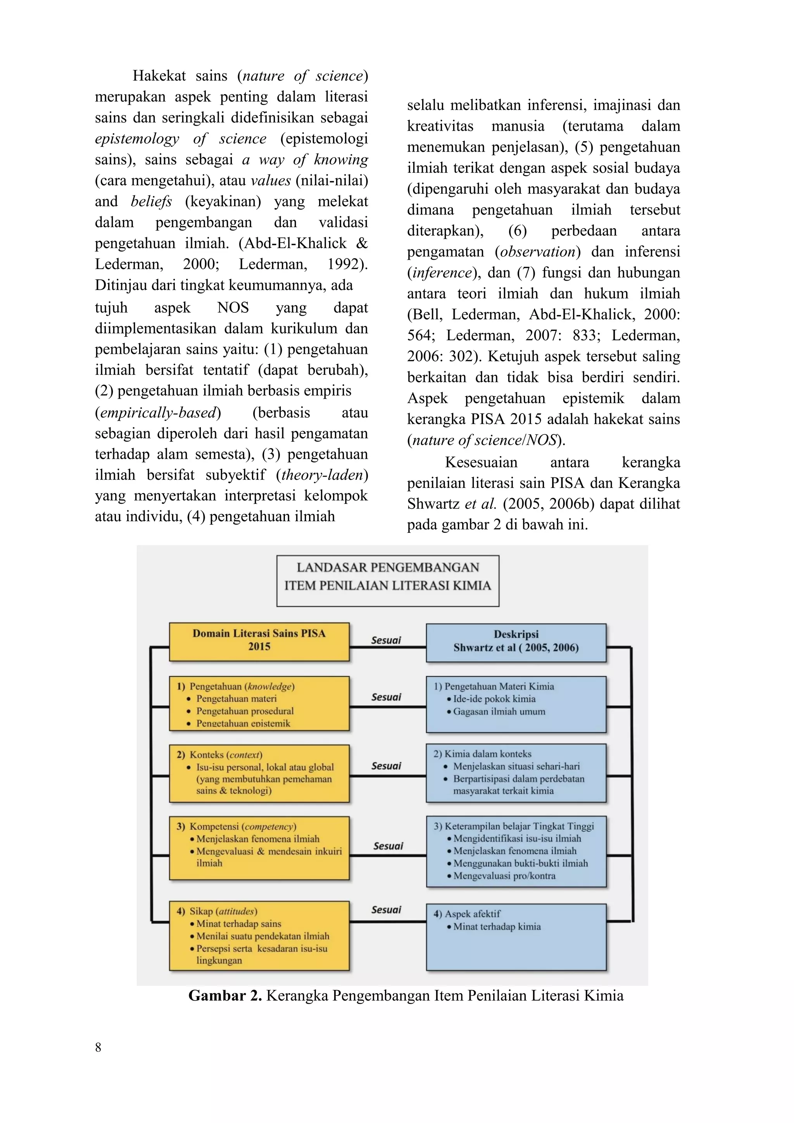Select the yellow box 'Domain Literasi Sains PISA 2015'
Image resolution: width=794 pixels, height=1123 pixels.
pyautogui.click(x=259, y=641)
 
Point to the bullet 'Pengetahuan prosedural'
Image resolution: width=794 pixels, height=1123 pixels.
pyautogui.click(x=245, y=711)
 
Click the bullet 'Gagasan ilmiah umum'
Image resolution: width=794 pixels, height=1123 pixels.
pyautogui.click(x=499, y=711)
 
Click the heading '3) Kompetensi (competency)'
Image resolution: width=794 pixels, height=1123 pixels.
pyautogui.click(x=236, y=826)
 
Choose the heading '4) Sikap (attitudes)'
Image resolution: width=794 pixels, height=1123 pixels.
pyautogui.click(x=217, y=911)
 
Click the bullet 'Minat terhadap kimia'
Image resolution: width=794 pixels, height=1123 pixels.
pyautogui.click(x=497, y=927)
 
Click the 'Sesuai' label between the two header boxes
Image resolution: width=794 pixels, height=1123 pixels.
pyautogui.click(x=386, y=640)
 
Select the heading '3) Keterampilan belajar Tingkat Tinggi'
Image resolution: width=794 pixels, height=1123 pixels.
pyautogui.click(x=514, y=826)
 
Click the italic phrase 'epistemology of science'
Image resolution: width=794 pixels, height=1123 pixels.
pyautogui.click(x=181, y=138)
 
